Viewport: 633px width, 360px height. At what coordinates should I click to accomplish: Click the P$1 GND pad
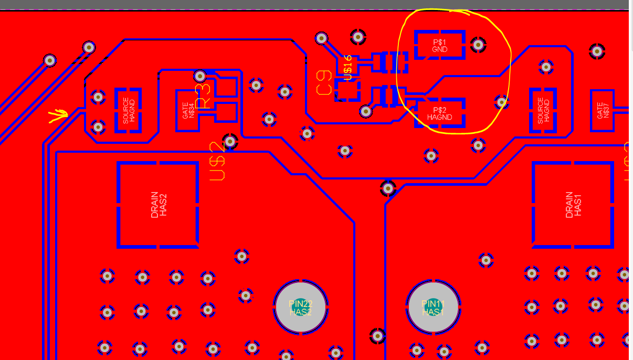tap(439, 45)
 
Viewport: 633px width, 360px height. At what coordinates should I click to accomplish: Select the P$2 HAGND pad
tap(439, 113)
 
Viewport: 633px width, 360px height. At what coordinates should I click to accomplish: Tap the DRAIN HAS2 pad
tap(158, 205)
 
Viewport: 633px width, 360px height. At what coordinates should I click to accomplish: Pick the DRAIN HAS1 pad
tap(573, 205)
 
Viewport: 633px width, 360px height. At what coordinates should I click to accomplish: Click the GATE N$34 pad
tap(188, 110)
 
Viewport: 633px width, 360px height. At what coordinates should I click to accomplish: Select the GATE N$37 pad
tap(603, 110)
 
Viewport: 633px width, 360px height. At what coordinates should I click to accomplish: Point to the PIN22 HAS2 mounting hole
tap(301, 308)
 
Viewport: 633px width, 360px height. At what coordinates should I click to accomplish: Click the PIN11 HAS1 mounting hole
tap(434, 308)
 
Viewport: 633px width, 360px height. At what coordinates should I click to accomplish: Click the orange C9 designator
tap(324, 83)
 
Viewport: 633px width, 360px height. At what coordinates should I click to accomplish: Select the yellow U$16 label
tap(347, 67)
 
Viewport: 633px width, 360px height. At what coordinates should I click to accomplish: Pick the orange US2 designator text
tap(217, 162)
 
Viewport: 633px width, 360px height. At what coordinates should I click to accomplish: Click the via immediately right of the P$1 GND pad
tap(478, 45)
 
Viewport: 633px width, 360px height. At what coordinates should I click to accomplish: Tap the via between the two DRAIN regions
tap(387, 188)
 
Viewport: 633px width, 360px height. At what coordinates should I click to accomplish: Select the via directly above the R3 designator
tap(200, 77)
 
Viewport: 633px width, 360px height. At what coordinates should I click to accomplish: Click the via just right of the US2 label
tap(230, 141)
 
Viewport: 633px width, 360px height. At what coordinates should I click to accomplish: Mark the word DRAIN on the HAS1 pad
tap(569, 205)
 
